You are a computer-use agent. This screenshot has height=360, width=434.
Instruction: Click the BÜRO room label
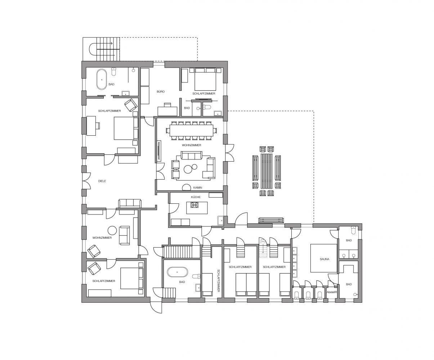click(x=161, y=91)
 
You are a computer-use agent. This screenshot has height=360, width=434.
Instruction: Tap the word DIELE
click(x=102, y=181)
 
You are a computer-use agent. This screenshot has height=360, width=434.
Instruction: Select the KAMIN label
click(x=197, y=187)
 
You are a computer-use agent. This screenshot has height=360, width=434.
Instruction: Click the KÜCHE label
click(x=196, y=197)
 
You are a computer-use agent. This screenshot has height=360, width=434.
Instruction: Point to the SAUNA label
click(x=325, y=259)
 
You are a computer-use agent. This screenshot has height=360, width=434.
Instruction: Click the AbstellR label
click(x=332, y=292)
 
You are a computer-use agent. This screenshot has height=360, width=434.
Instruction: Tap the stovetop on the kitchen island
click(x=194, y=205)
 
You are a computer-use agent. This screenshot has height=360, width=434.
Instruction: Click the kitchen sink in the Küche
click(x=220, y=221)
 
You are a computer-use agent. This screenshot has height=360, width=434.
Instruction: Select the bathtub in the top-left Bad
click(x=102, y=79)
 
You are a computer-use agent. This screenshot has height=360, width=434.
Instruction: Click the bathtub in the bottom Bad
click(x=177, y=272)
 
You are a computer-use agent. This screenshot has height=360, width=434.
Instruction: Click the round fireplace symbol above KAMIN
click(x=187, y=187)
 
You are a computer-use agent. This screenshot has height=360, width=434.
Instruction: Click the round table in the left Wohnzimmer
click(x=112, y=230)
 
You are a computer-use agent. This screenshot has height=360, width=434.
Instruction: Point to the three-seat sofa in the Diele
click(x=130, y=203)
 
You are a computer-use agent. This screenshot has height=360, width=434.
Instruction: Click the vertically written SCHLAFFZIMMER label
click(x=218, y=281)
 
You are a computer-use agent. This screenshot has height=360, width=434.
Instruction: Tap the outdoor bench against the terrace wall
click(x=271, y=220)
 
